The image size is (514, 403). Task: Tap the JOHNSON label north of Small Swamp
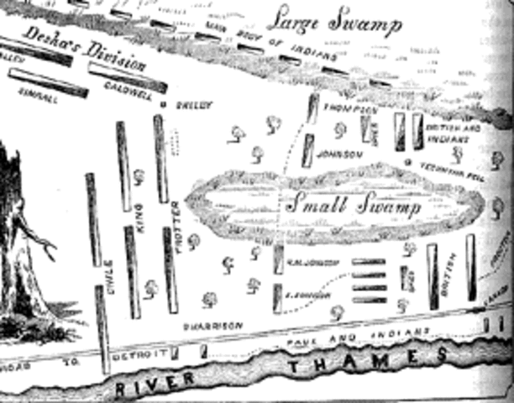tap(339, 154)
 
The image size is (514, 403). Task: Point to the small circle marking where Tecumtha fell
tap(406, 162)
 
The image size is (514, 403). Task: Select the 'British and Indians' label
tap(459, 133)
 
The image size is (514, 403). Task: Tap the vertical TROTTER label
tap(177, 220)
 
